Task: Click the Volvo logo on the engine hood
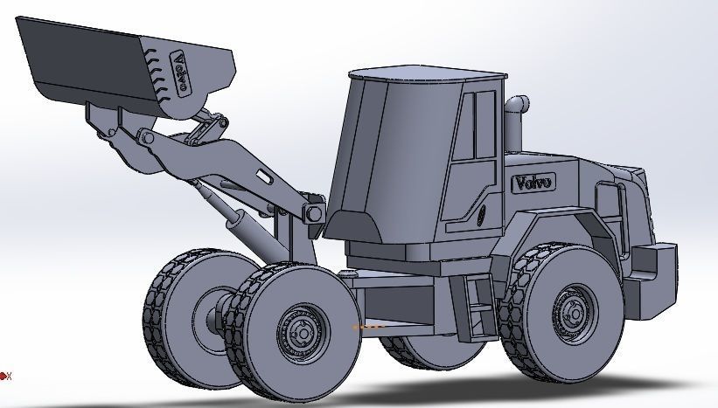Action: point(533,183)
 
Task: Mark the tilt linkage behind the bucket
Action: point(204,130)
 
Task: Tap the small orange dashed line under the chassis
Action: point(368,328)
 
